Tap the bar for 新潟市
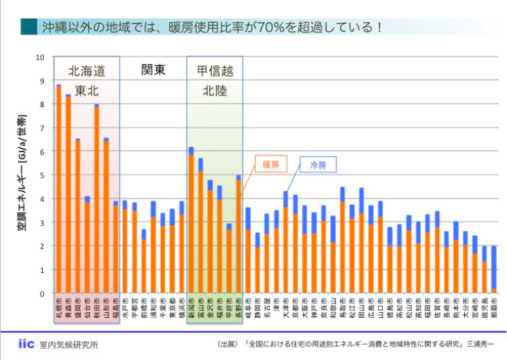tap(191, 220)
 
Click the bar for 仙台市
tap(87, 245)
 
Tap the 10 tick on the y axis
tap(40, 57)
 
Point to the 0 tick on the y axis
tap(42, 293)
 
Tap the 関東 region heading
tap(153, 70)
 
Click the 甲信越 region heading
tap(215, 70)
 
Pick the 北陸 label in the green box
tap(215, 90)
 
